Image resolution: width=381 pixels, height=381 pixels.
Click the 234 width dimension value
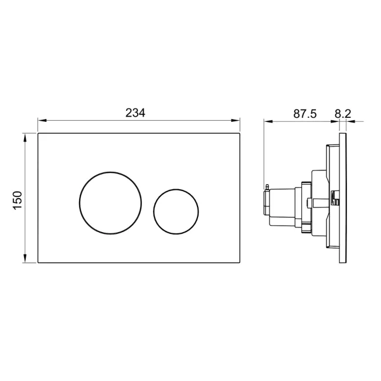135,113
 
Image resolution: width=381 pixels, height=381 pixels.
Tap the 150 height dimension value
18,200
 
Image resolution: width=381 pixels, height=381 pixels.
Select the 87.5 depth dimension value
305,113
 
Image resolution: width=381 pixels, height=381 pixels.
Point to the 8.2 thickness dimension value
342,113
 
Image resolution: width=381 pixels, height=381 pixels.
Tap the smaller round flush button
176,210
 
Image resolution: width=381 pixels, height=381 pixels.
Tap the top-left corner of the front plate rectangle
38,133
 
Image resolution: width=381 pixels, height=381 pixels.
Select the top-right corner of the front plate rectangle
241,133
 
